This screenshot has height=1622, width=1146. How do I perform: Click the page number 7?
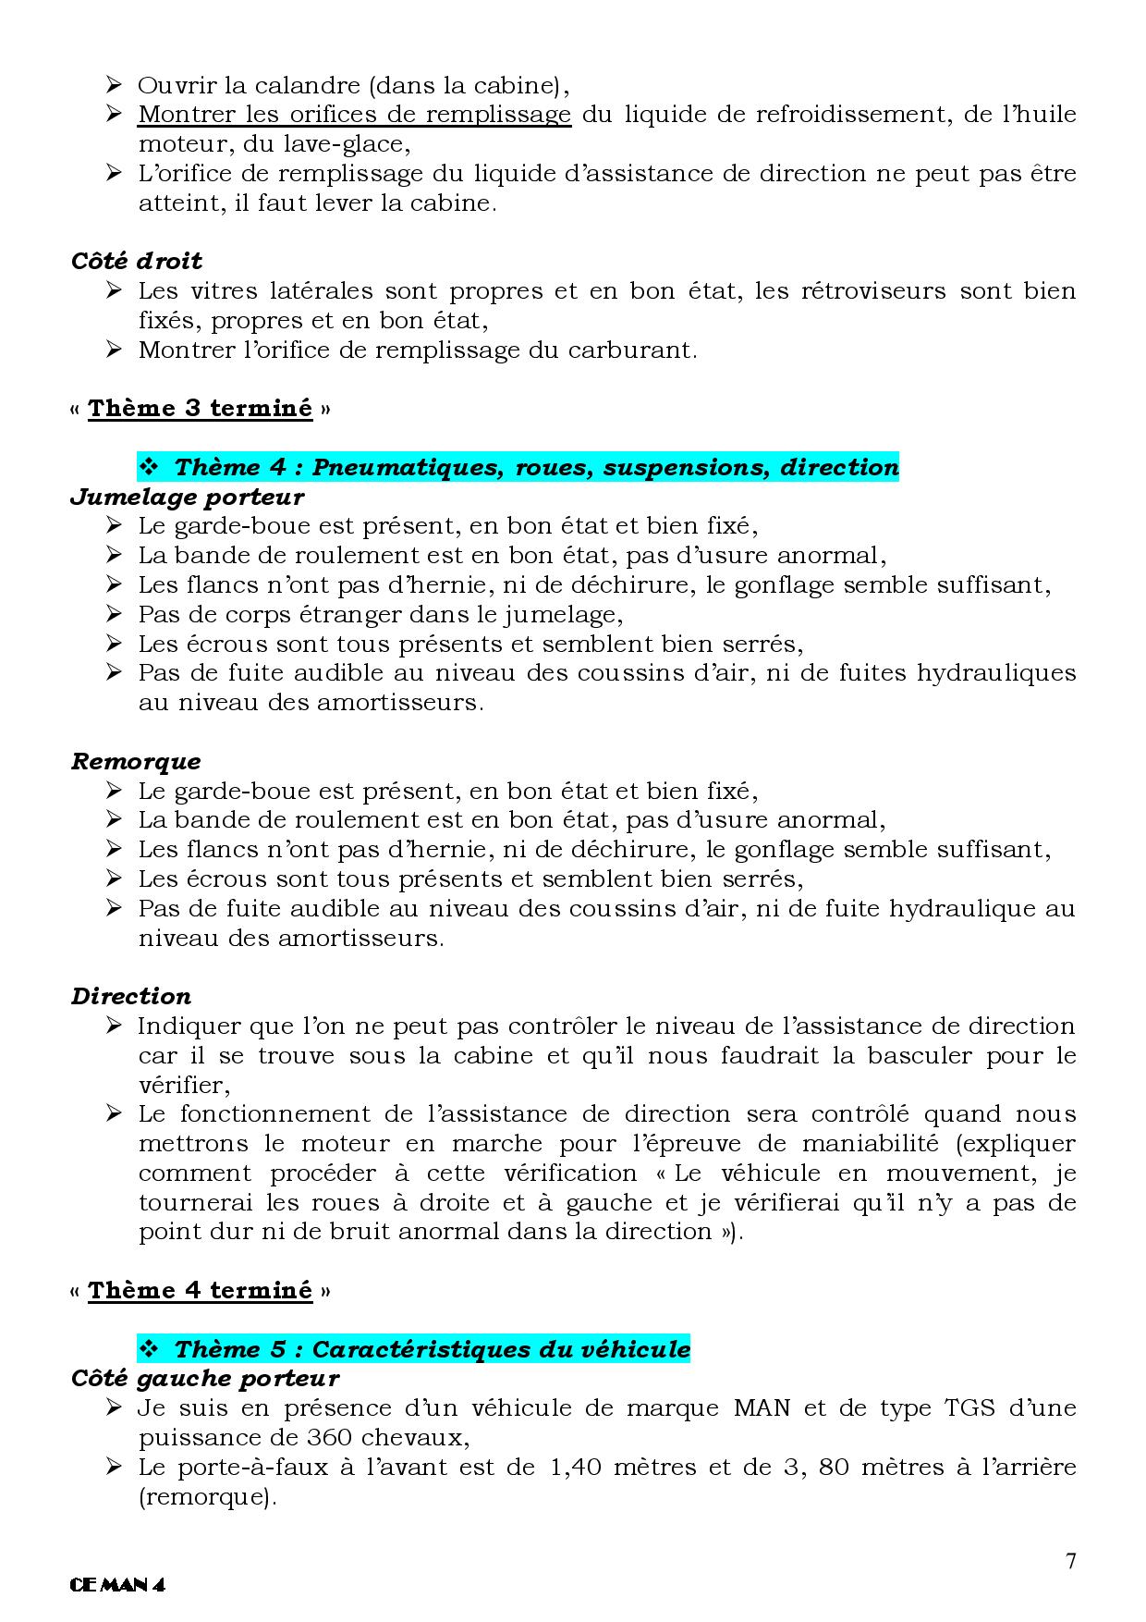point(1071,1562)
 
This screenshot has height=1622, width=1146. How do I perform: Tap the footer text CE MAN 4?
point(117,1585)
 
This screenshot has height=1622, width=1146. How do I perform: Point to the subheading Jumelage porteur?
point(187,497)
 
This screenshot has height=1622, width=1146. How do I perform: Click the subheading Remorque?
point(136,761)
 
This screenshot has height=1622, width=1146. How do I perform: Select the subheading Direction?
point(131,996)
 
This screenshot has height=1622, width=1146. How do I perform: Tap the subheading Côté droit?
point(137,261)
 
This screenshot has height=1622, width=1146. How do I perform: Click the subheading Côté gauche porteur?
point(205,1378)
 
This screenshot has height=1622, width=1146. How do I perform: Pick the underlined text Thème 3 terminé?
point(201,408)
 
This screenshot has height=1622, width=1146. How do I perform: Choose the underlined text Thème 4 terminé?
point(201,1290)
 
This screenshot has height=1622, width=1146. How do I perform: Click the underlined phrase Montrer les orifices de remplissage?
point(354,115)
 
